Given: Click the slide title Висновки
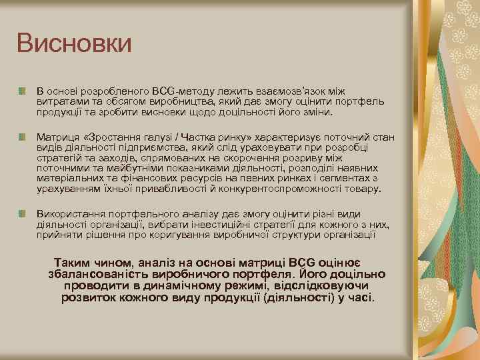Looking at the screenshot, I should point(74,43).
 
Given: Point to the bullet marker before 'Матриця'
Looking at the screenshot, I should point(23,137).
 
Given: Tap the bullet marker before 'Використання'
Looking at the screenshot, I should point(23,213).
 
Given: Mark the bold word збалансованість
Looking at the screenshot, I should point(97,274).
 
